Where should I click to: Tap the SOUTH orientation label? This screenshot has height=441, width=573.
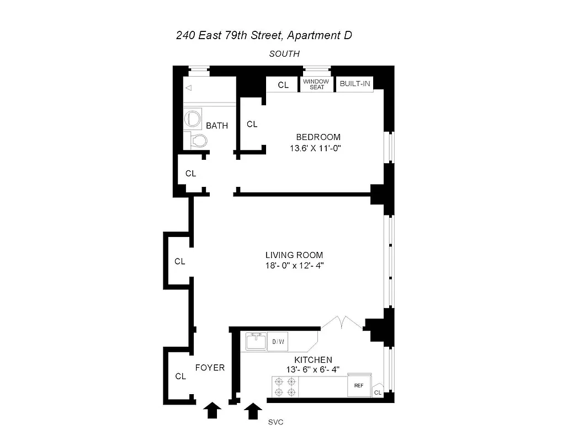coord(284,54)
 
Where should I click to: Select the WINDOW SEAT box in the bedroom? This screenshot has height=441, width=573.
coord(316,84)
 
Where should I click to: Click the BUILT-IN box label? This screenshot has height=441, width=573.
coord(354,84)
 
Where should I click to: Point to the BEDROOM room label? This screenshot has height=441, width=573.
coord(318,137)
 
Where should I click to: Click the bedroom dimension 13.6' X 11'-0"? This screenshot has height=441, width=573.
coord(318,148)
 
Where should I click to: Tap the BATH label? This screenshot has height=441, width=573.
coord(217,126)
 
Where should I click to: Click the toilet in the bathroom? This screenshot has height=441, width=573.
coord(196,141)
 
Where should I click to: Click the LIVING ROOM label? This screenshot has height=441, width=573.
coord(294,255)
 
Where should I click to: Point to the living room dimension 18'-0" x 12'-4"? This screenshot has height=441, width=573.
coord(294,266)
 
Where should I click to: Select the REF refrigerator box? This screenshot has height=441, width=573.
coord(358,386)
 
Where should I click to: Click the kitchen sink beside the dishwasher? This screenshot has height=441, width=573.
coord(256,341)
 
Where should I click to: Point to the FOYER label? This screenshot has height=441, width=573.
coord(210,367)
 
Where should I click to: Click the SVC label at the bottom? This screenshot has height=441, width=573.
coord(274,423)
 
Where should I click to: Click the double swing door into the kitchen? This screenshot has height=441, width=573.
coord(342,324)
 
